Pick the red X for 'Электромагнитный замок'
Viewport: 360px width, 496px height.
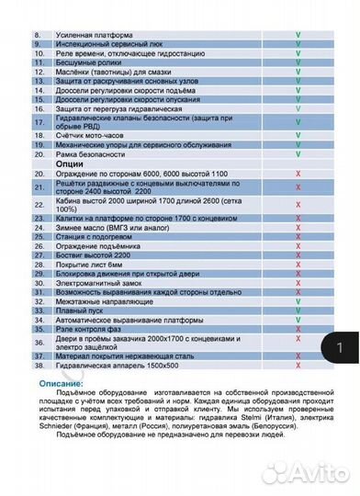coord(298,285)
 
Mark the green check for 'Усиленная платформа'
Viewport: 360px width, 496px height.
coord(298,33)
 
